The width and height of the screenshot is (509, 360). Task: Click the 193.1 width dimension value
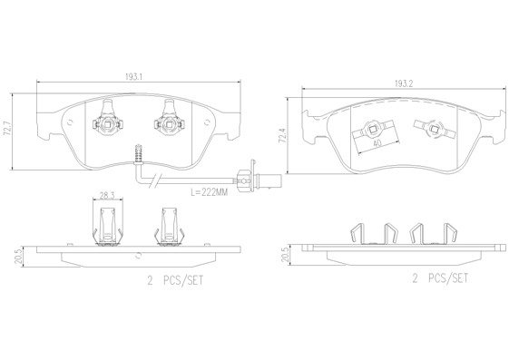click(x=134, y=77)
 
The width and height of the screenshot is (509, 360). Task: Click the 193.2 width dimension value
click(x=404, y=83)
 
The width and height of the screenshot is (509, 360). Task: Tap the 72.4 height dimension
click(x=283, y=135)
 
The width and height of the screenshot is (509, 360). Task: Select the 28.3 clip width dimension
click(x=107, y=196)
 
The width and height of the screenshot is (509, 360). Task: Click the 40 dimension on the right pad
click(x=377, y=142)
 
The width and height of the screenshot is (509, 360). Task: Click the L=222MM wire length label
click(x=209, y=192)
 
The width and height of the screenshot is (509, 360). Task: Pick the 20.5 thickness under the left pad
click(x=18, y=257)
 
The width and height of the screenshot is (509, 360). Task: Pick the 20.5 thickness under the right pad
click(x=285, y=256)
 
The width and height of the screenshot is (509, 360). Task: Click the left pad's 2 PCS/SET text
click(x=175, y=280)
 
